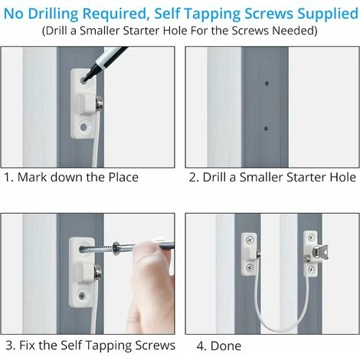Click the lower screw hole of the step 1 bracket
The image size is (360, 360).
[83, 127]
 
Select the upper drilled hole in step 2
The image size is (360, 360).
[267, 83]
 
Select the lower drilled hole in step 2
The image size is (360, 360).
[266, 128]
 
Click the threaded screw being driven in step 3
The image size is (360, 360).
[97, 248]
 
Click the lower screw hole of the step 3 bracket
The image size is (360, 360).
[82, 296]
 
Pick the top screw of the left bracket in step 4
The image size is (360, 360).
[250, 240]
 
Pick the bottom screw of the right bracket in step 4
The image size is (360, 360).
[311, 269]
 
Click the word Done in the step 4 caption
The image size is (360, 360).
[226, 346]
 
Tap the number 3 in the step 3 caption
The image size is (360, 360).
[9, 345]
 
